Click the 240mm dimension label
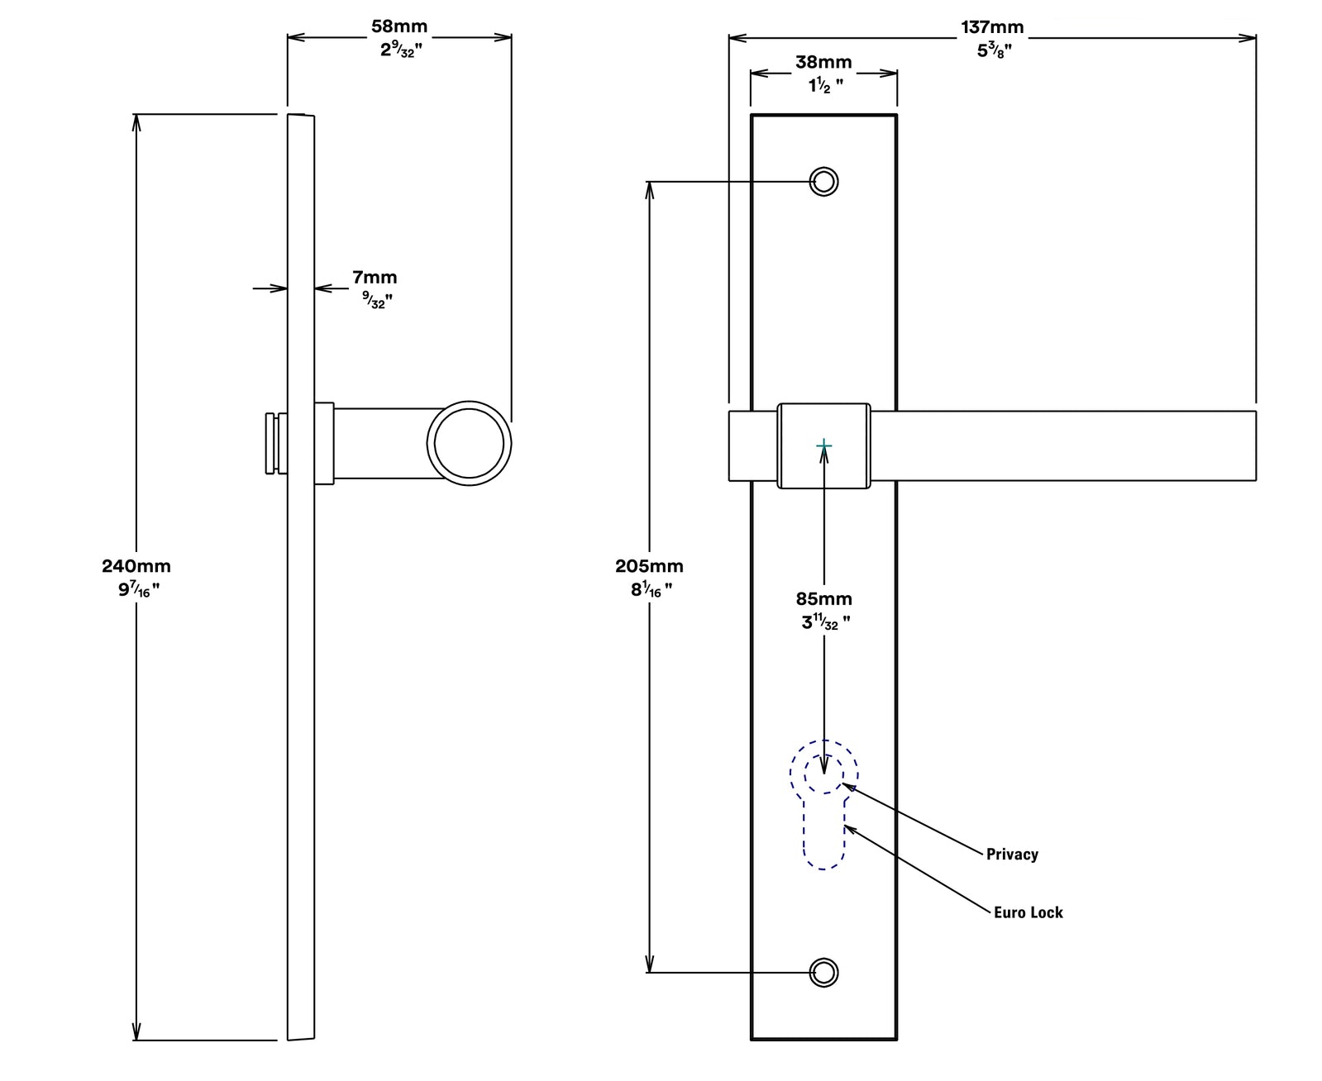[x=136, y=566]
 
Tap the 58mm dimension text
[x=399, y=26]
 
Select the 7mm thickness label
[x=375, y=278]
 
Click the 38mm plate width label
[x=823, y=62]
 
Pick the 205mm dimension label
[x=649, y=566]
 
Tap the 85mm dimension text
[x=823, y=599]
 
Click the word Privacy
[x=1012, y=855]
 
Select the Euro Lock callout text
[x=1028, y=912]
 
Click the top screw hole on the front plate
[x=823, y=181]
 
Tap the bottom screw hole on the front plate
[x=823, y=973]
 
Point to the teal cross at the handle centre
[x=823, y=446]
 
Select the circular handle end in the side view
[x=469, y=443]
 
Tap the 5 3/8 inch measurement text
[x=995, y=50]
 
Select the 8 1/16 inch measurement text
[x=650, y=589]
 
